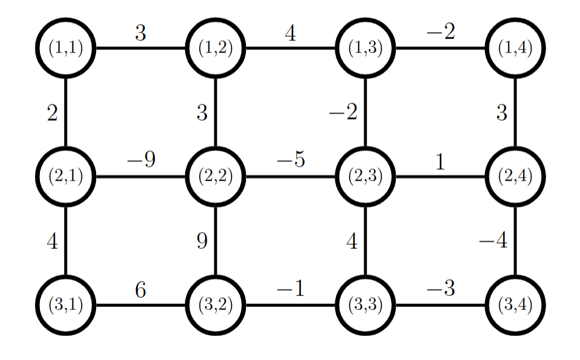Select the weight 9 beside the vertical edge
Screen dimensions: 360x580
tap(202, 242)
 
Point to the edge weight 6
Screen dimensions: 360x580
tap(140, 291)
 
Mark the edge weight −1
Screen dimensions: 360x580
tap(291, 291)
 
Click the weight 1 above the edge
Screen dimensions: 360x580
tap(440, 162)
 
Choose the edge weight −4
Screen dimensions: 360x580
tap(493, 242)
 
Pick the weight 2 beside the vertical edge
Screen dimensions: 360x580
tap(53, 113)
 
